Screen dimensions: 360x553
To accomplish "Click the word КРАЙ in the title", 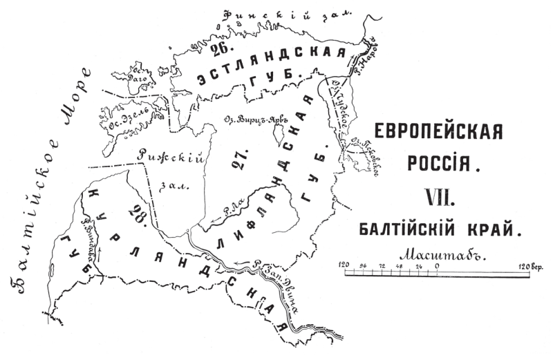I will point(491,227).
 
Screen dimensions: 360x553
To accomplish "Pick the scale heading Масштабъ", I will point(438,253).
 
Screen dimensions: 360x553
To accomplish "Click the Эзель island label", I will point(127,115).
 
